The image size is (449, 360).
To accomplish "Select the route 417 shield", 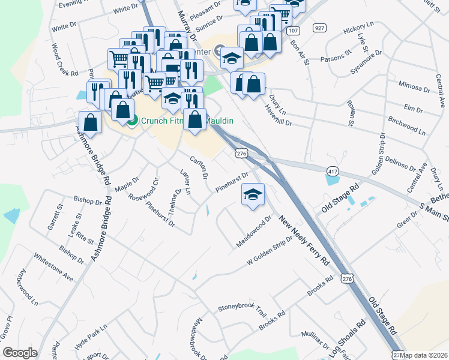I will pyautogui.click(x=333, y=172).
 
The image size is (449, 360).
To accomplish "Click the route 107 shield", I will pyautogui.click(x=293, y=30).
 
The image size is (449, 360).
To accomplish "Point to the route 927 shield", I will pyautogui.click(x=319, y=28).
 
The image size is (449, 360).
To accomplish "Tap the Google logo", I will pyautogui.click(x=20, y=353).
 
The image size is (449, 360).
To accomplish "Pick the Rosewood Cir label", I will pyautogui.click(x=147, y=189).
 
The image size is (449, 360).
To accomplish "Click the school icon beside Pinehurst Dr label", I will pyautogui.click(x=253, y=194).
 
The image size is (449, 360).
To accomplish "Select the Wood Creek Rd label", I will pyautogui.click(x=65, y=59).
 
